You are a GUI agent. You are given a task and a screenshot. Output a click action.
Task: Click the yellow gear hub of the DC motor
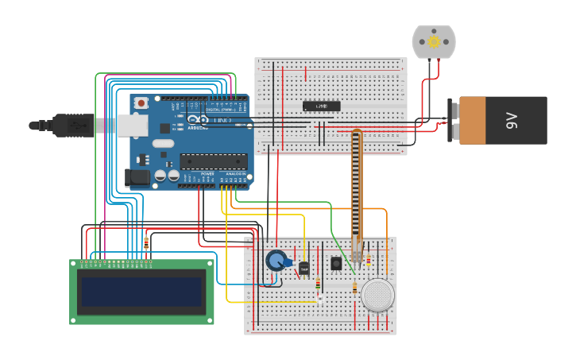pyautogui.click(x=434, y=41)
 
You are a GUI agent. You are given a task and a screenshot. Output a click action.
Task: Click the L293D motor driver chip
pyautogui.click(x=322, y=106)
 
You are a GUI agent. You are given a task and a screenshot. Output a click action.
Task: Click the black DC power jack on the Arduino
pyautogui.click(x=137, y=178)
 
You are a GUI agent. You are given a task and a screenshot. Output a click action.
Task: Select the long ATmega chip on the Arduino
pyautogui.click(x=213, y=161)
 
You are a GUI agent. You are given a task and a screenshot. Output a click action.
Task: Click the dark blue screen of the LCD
pyautogui.click(x=141, y=292)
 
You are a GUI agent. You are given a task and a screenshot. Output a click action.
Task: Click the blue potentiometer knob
pyautogui.click(x=276, y=260)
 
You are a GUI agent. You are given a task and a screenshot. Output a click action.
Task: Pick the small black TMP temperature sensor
pyautogui.click(x=303, y=269)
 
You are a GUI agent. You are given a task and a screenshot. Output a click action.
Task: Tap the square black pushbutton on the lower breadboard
pyautogui.click(x=336, y=263)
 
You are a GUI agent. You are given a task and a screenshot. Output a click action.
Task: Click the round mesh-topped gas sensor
pyautogui.click(x=377, y=295)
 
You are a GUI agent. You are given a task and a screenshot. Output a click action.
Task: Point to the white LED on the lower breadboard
pyautogui.click(x=319, y=299)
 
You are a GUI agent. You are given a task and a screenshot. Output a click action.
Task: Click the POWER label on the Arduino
pyautogui.click(x=207, y=173)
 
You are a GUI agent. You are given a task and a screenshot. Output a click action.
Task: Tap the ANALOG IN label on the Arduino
pyautogui.click(x=236, y=173)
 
